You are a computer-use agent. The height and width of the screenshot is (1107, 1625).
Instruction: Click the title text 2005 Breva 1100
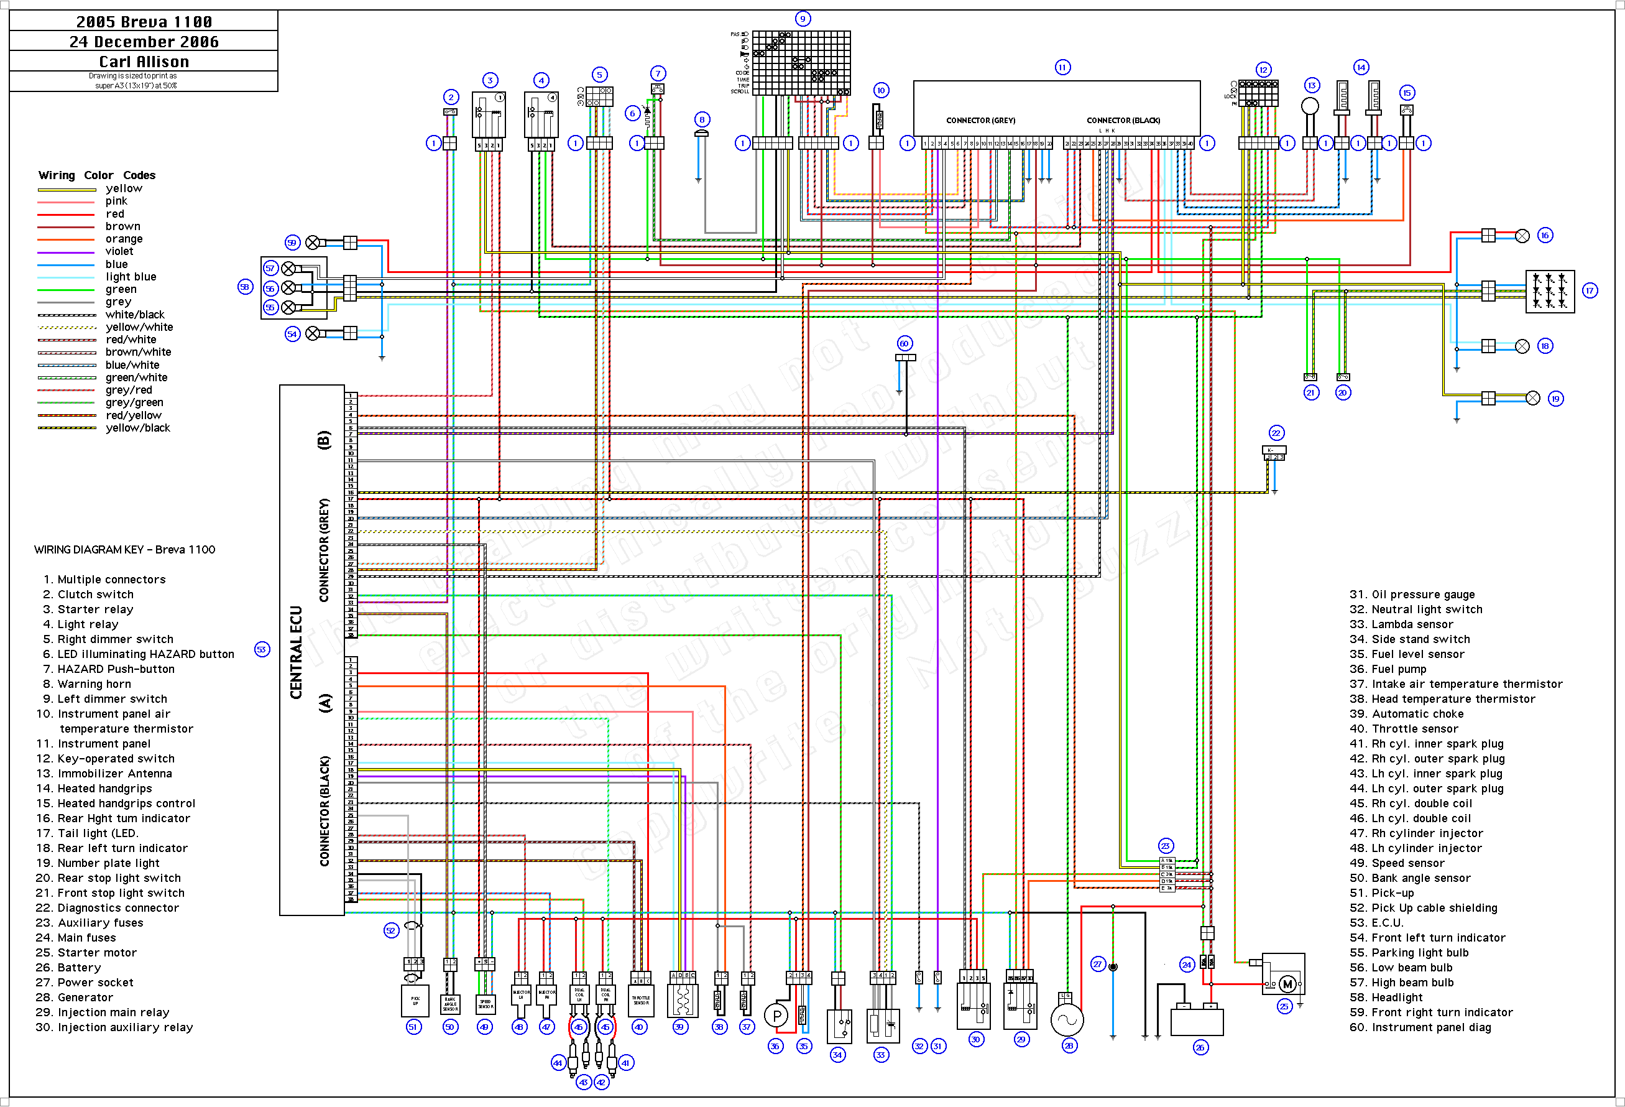click(x=144, y=22)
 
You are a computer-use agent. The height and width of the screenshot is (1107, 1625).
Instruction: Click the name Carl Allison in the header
click(x=144, y=62)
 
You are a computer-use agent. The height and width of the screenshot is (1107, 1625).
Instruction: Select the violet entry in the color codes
click(x=119, y=251)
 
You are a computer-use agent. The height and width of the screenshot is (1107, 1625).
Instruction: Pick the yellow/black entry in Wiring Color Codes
click(x=138, y=428)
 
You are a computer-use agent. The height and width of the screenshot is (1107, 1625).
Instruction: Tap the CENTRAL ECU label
click(x=297, y=652)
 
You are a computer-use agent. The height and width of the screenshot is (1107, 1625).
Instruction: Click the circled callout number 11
click(x=1062, y=67)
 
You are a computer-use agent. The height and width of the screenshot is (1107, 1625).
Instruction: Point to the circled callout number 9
click(x=803, y=19)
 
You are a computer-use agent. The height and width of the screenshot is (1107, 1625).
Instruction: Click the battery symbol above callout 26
click(x=1197, y=1021)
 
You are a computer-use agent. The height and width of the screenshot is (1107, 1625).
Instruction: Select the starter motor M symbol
click(x=1287, y=984)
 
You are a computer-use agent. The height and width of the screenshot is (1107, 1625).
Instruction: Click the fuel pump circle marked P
click(x=776, y=1016)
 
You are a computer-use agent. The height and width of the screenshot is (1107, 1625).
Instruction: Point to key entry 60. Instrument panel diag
click(x=1430, y=1027)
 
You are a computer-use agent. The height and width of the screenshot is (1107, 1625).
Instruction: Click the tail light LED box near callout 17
click(x=1550, y=291)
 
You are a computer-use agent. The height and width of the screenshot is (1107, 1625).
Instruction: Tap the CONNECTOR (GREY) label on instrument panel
click(x=980, y=120)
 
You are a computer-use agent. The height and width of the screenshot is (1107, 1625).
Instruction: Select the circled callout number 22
click(x=1276, y=433)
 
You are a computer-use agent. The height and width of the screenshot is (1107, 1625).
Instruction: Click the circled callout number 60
click(x=904, y=343)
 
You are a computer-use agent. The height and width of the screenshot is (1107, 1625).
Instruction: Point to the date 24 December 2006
click(x=144, y=42)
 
